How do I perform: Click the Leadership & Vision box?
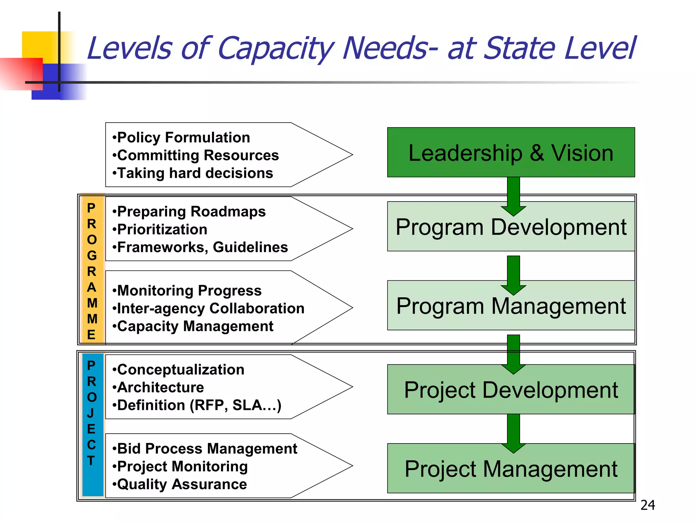click(x=510, y=152)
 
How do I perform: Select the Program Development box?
click(x=510, y=227)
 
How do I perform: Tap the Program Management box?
click(x=510, y=306)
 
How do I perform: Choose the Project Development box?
click(x=510, y=390)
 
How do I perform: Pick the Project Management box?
click(x=510, y=469)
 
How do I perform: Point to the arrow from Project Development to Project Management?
click(x=513, y=432)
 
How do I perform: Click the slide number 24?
click(x=648, y=505)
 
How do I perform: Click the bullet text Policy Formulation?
click(x=183, y=138)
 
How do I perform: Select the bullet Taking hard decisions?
click(x=195, y=173)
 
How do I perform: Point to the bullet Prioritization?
click(x=162, y=229)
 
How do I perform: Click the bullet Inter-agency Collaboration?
click(x=210, y=309)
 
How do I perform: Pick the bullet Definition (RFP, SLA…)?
click(x=199, y=405)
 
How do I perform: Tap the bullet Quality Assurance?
click(x=182, y=484)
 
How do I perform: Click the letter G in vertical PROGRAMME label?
click(x=92, y=256)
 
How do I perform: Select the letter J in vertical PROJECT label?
click(x=91, y=413)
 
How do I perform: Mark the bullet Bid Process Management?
click(x=207, y=449)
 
